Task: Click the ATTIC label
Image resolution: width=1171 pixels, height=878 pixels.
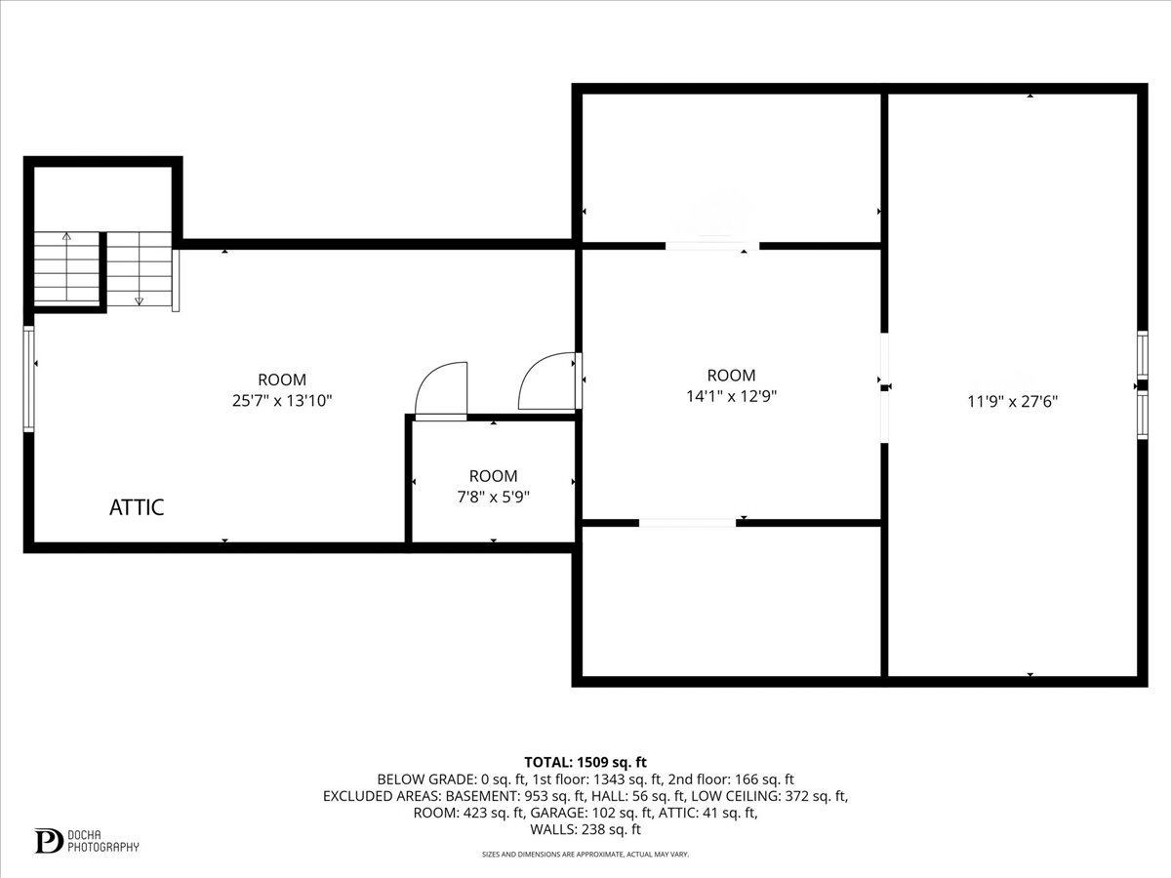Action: coord(137,507)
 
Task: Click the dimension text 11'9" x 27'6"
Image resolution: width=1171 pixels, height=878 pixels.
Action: coord(1012,400)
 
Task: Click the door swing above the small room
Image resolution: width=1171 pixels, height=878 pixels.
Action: coord(442,390)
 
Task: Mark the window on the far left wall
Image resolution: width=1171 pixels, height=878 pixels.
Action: coord(29,379)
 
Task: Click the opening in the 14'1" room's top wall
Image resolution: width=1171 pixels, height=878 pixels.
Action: coord(712,246)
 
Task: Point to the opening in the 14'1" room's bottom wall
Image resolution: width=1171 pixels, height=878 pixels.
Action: coord(687,523)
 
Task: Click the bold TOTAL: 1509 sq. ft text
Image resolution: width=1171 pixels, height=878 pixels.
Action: coord(585,762)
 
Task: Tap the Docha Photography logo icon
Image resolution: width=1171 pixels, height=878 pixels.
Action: coord(47,841)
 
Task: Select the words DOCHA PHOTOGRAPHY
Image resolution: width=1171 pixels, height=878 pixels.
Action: coord(102,841)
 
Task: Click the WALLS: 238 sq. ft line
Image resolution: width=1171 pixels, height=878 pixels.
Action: coord(585,830)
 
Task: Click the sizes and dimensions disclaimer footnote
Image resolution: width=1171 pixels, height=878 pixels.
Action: coord(585,855)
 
